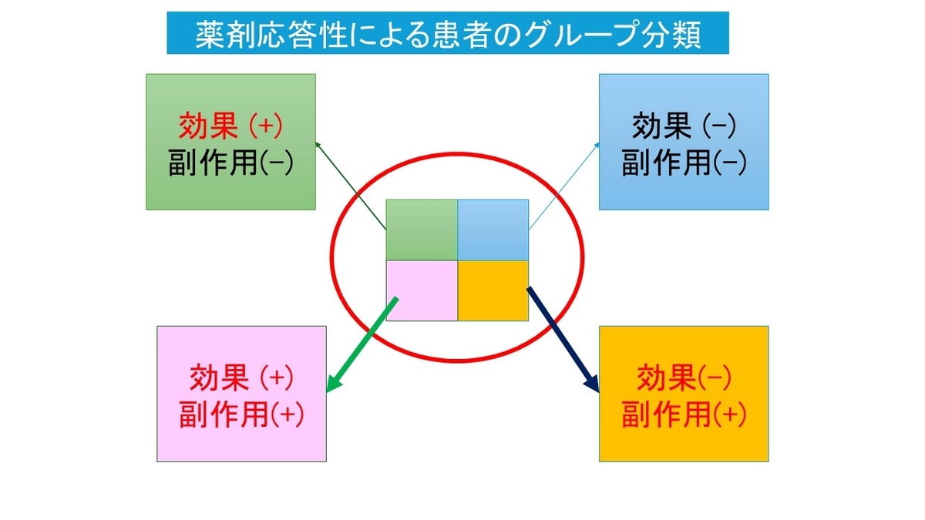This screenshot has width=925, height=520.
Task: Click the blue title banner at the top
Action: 447,33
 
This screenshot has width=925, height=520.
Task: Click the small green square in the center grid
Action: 421,230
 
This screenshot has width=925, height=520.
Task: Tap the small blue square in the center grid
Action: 493,230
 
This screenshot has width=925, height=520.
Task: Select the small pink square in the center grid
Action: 421,290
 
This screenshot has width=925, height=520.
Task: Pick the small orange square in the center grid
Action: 493,290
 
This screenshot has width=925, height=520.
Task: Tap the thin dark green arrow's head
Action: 317,143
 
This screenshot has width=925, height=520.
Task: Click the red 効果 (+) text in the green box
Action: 230,124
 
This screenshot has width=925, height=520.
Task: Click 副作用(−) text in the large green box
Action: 230,162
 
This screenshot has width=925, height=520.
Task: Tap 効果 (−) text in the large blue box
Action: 684,124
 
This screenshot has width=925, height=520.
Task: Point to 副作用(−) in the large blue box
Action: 684,162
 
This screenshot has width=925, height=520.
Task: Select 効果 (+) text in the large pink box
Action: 241,377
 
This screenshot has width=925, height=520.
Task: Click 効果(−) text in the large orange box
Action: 684,377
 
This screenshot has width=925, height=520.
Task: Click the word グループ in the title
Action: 581,34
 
